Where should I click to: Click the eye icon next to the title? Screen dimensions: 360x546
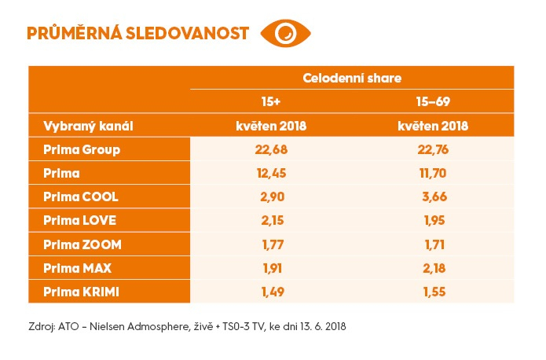tap(286, 33)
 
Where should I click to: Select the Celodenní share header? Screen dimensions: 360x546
tap(352, 78)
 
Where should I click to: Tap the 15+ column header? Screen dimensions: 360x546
tap(272, 102)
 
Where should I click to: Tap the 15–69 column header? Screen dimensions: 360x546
tap(433, 102)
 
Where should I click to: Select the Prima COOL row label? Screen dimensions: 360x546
tap(75, 197)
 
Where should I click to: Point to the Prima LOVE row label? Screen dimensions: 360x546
tap(75, 221)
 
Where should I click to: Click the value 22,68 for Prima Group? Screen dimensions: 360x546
tap(272, 149)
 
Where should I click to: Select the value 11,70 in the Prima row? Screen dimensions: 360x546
tap(433, 173)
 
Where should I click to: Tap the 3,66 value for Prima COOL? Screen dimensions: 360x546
tap(433, 197)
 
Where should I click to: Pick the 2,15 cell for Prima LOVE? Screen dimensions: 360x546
tap(272, 221)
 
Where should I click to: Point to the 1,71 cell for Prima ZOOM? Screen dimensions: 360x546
tap(433, 244)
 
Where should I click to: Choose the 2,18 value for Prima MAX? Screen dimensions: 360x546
tap(433, 268)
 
